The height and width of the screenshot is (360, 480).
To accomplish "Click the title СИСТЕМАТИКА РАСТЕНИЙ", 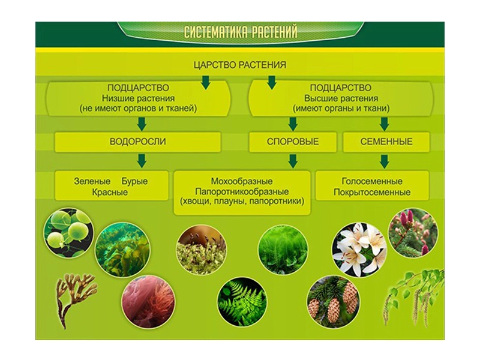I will [x=241, y=32].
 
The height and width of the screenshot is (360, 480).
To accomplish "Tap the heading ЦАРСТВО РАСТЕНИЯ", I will [x=241, y=65].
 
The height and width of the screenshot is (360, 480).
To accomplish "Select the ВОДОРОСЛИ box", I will [x=137, y=142].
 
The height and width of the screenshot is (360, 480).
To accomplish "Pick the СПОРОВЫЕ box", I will [x=293, y=142].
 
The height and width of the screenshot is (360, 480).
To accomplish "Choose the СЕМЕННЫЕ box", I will [x=386, y=142].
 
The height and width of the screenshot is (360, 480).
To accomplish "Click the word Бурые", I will [x=134, y=181].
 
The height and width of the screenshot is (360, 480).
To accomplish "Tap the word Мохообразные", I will [x=242, y=181].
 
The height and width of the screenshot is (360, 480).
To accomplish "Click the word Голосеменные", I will [x=372, y=181].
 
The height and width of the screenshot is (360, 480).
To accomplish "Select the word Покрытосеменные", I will [x=372, y=193].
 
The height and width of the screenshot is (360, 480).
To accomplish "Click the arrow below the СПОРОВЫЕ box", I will [x=293, y=161].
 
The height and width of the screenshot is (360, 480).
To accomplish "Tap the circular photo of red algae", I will [x=148, y=301].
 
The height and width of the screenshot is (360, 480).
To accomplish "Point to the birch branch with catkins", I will [x=414, y=294].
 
